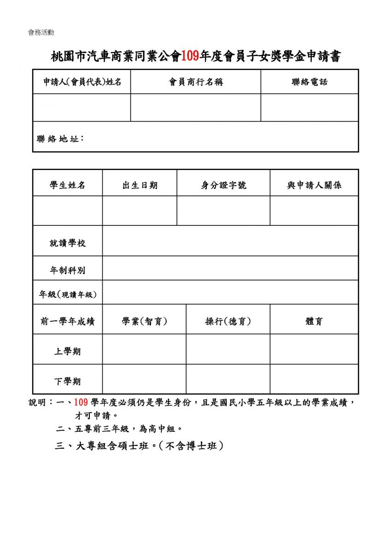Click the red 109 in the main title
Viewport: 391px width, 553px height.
coord(189,57)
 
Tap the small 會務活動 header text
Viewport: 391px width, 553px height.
coord(41,33)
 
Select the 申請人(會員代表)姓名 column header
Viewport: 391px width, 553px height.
coord(82,82)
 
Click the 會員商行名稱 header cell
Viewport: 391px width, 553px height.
coord(196,82)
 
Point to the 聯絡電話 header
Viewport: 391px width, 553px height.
coord(309,82)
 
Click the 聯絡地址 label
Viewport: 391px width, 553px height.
coord(60,138)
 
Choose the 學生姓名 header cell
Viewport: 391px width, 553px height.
coord(68,185)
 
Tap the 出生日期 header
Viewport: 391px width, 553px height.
coord(140,185)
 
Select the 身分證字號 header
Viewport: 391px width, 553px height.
coord(223,185)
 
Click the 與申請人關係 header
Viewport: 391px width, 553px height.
coord(314,185)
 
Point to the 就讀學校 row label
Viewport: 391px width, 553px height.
coord(68,243)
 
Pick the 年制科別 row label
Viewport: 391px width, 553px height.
coord(68,270)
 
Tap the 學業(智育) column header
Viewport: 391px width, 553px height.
coord(144,321)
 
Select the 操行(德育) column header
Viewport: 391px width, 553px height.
coord(228,321)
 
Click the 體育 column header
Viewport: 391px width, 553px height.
coord(314,321)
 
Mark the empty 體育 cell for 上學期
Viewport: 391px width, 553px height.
coord(314,349)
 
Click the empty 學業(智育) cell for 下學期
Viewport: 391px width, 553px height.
coord(144,379)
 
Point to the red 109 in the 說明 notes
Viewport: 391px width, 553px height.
coord(81,402)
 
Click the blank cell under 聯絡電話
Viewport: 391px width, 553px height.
coord(309,107)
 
